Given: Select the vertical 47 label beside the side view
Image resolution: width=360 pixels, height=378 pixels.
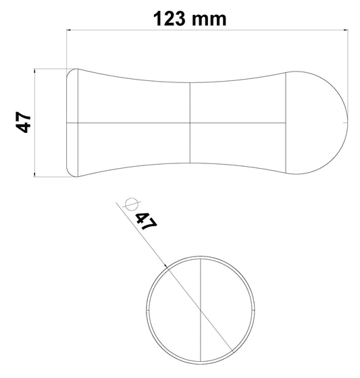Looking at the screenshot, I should click(23, 123).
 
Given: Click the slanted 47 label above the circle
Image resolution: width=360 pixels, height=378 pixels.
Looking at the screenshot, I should click(146, 221).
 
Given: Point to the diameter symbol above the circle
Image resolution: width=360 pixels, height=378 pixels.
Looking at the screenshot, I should click(131, 204).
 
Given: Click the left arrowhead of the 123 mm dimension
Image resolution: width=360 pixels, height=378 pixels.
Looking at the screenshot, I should click(70, 29).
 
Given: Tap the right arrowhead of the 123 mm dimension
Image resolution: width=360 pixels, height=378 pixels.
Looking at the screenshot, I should click(347, 29).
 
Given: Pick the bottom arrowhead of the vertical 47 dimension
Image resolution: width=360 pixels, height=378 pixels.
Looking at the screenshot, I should click(35, 175).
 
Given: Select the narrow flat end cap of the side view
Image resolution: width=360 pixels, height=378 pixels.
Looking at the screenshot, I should click(72, 123).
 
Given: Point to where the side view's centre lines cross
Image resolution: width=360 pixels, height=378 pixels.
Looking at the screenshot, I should click(192, 123).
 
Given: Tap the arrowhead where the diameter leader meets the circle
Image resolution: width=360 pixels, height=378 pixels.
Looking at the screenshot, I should click(165, 265).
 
